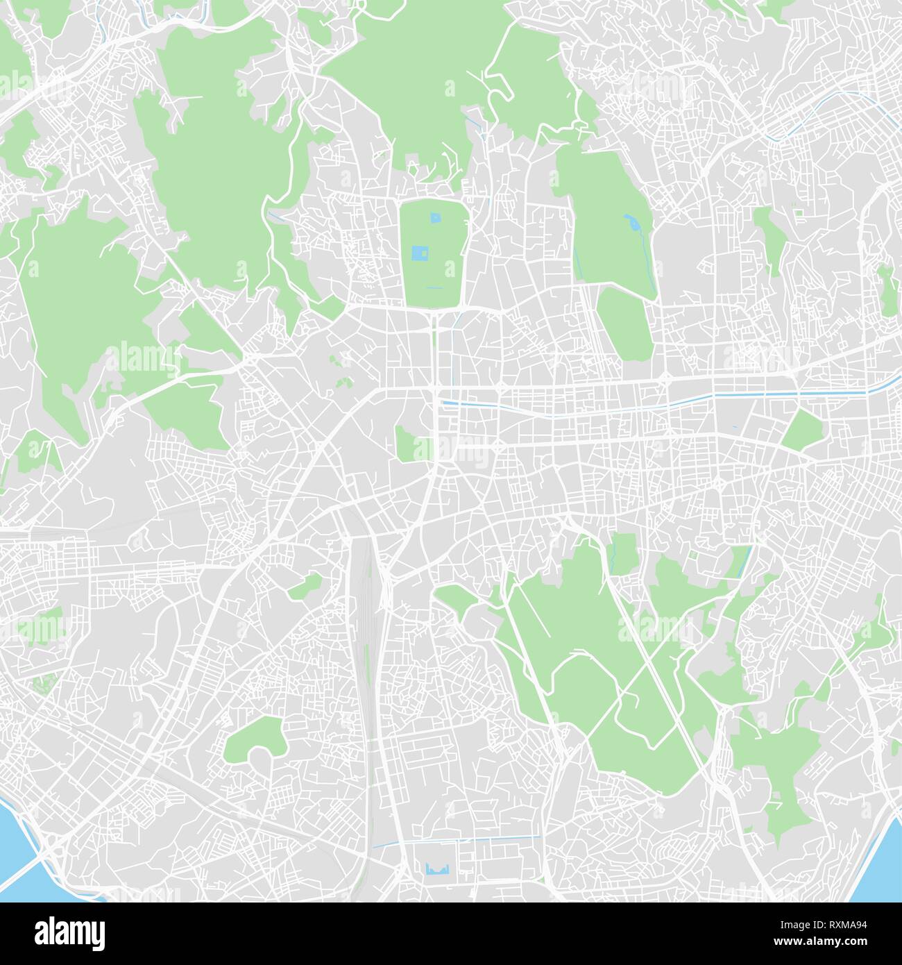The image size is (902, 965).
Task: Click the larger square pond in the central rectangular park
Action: coord(420,253)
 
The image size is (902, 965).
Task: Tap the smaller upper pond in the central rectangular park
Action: coord(435,219)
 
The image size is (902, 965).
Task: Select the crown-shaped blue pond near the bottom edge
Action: coord(436,868)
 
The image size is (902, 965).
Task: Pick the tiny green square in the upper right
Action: coord(798,213)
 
